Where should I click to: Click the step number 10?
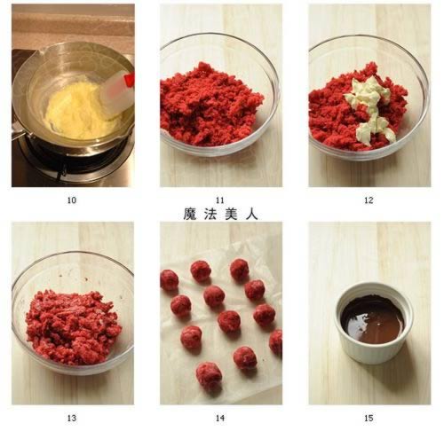coord(72,200)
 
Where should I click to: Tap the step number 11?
coord(221,200)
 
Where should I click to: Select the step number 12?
coord(369,200)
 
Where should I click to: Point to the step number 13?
coord(72,418)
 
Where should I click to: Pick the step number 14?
coord(221,418)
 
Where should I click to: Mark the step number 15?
coord(369,418)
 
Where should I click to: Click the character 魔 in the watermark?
coord(190,214)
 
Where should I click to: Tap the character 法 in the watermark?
coord(211,214)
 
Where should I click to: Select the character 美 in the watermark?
coord(232,214)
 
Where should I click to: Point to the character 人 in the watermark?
coord(252,214)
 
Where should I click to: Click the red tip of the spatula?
coord(129,80)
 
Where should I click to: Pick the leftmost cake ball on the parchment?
coord(169,280)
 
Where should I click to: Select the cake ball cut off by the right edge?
coord(276,342)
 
